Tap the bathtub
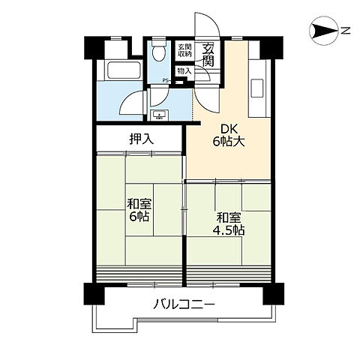tap(124, 70)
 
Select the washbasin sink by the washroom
tap(159, 115)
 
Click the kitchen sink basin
tap(256, 88)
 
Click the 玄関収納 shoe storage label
tap(184, 50)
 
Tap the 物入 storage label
tap(184, 71)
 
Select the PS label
tap(166, 80)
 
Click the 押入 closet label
tap(141, 139)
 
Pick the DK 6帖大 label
tap(229, 136)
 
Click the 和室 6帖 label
tap(139, 210)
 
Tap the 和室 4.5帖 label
tap(229, 224)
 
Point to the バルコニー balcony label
tap(184, 304)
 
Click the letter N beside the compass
tap(346, 31)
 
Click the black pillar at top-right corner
tap(272, 48)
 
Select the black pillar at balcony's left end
tap(94, 294)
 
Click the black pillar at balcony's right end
tap(274, 294)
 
